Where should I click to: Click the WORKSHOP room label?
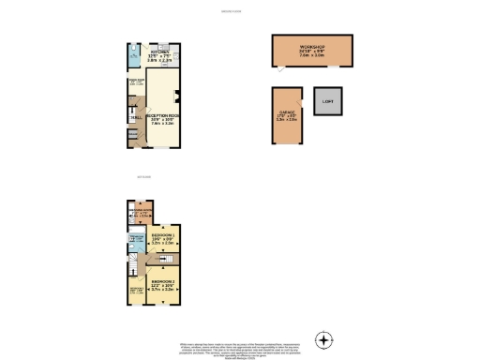312,46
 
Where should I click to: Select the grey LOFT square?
327,101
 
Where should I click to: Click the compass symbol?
324,339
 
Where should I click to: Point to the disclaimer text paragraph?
239,349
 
